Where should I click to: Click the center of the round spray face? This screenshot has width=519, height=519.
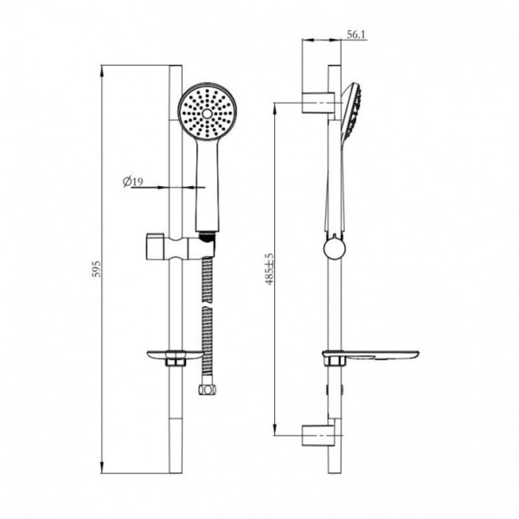pyautogui.click(x=207, y=112)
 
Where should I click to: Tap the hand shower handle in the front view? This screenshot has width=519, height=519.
pyautogui.click(x=207, y=186)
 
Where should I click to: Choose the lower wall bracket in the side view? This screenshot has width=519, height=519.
pyautogui.click(x=318, y=434)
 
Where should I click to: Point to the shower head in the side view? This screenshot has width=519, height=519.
pyautogui.click(x=350, y=112)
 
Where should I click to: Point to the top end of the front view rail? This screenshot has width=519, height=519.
pyautogui.click(x=176, y=66)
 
